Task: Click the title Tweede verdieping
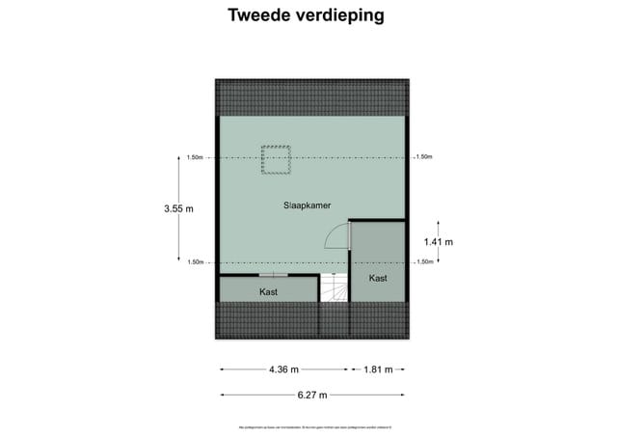(x=305, y=15)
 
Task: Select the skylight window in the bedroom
(x=277, y=159)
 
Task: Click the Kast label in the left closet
(x=269, y=290)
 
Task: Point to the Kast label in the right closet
(x=378, y=278)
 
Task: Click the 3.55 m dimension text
(x=178, y=208)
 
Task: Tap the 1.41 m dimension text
(x=439, y=241)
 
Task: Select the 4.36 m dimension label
(x=283, y=369)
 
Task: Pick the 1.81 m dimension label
(x=377, y=369)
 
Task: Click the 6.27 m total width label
(x=311, y=395)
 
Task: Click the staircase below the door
(x=334, y=288)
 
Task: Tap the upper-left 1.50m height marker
(x=195, y=157)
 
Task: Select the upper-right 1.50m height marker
(x=424, y=157)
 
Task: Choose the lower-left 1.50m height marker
(x=195, y=262)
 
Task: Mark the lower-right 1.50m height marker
(x=424, y=262)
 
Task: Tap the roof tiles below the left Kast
(x=268, y=319)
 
